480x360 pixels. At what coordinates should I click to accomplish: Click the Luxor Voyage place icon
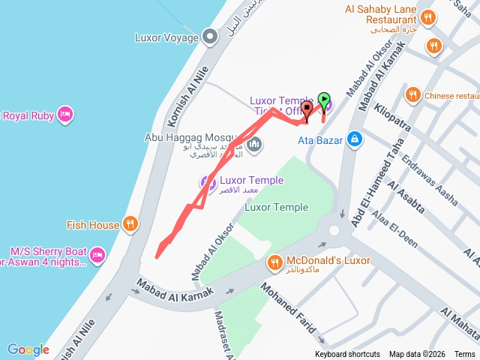[211, 36]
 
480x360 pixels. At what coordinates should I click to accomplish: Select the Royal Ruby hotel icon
[65, 115]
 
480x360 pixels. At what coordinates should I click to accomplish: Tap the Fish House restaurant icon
[130, 224]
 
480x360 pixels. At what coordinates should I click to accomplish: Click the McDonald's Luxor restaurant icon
[274, 262]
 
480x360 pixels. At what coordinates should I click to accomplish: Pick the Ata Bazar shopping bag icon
[354, 139]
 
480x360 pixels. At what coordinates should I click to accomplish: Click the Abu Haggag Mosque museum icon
[254, 144]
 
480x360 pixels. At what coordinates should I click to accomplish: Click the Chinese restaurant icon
[412, 95]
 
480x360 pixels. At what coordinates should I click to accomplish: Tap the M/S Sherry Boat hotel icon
[97, 256]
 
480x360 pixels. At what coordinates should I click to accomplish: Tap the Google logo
[28, 349]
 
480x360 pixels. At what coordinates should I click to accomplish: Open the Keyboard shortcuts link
[347, 355]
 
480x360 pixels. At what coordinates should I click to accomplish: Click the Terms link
[465, 355]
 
